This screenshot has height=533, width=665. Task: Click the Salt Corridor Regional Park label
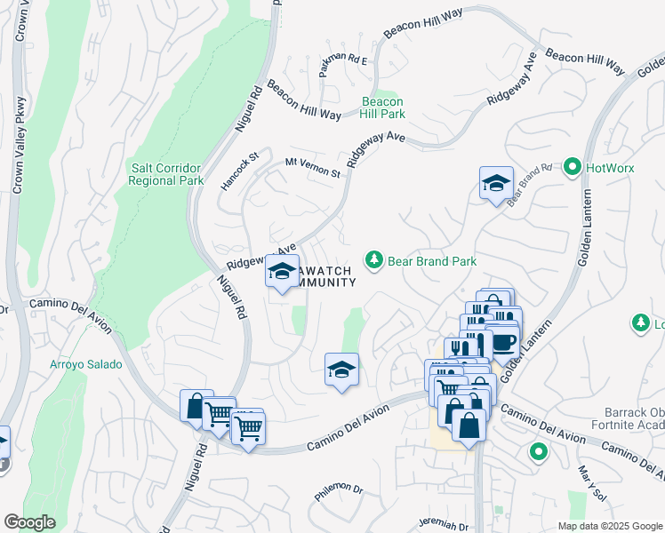pos(166,173)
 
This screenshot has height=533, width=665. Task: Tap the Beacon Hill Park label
pos(383,108)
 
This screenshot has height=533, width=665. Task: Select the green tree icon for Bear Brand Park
pos(374,260)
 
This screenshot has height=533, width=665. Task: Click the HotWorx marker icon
pos(573,167)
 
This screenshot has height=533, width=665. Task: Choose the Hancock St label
pos(239,169)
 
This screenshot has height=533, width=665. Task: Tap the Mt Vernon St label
pos(313,166)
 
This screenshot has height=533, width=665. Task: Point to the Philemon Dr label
pos(339,489)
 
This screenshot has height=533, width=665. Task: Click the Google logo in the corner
pos(29,522)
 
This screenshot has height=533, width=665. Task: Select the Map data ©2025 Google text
pos(609,526)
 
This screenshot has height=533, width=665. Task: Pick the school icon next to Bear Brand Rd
pos(496,184)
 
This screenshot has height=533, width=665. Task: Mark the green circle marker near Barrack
pos(538,452)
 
